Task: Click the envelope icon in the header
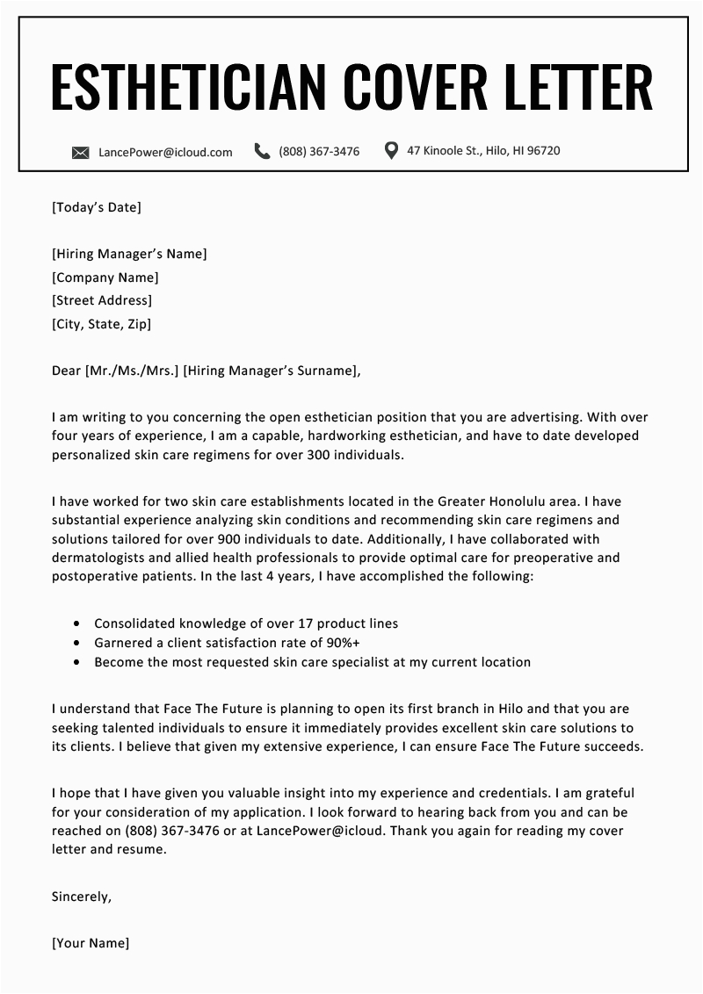click(81, 152)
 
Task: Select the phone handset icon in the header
click(262, 151)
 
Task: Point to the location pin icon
click(392, 150)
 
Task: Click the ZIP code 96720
click(541, 151)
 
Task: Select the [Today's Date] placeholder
click(97, 207)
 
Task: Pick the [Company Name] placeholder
click(105, 277)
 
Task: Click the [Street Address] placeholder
click(102, 301)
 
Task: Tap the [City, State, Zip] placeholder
click(102, 324)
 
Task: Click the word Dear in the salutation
click(66, 371)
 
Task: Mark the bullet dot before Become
click(76, 662)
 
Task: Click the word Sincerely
click(82, 897)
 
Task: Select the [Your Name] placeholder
click(91, 943)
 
